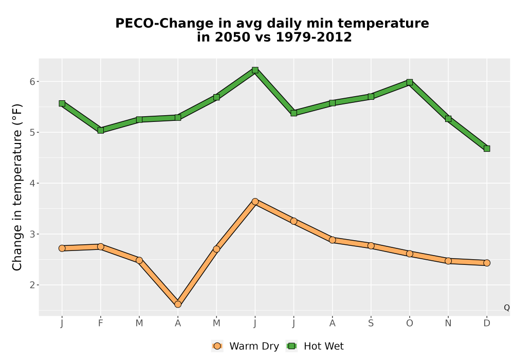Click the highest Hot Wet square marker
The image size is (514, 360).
(x=255, y=70)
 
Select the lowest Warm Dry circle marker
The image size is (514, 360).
(x=178, y=304)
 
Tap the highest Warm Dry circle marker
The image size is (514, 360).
(x=255, y=201)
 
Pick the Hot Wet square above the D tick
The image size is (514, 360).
(x=487, y=149)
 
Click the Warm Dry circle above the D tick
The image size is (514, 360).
(x=487, y=263)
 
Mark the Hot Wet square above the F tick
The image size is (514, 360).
(x=101, y=130)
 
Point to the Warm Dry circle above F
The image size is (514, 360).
(x=101, y=246)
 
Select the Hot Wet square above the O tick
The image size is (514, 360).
(x=410, y=82)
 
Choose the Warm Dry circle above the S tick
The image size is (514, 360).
(x=371, y=246)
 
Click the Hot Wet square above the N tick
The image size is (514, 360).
(x=448, y=119)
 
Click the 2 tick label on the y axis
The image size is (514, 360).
(x=32, y=285)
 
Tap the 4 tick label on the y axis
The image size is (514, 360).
(x=32, y=183)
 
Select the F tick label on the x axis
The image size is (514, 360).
(x=101, y=323)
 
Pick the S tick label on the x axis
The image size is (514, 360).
(x=371, y=323)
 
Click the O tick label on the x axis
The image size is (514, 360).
(x=410, y=323)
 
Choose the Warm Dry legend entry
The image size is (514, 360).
(x=246, y=346)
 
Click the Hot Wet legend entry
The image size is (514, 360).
(x=315, y=346)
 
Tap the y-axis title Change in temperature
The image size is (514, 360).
(x=17, y=187)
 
